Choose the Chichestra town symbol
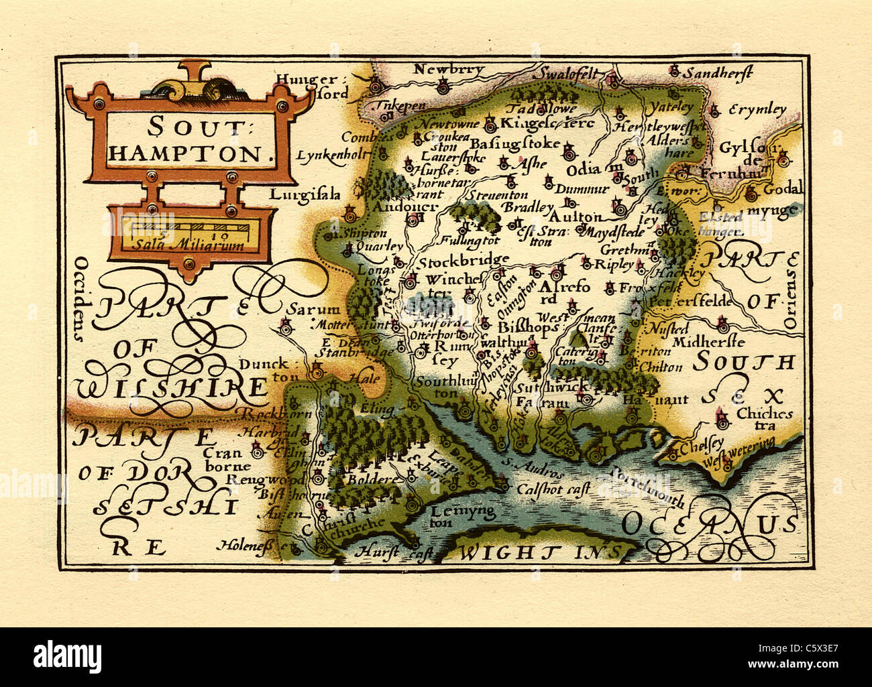(722, 420)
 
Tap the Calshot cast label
(553, 489)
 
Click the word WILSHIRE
(171, 387)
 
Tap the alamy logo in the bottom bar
(68, 655)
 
